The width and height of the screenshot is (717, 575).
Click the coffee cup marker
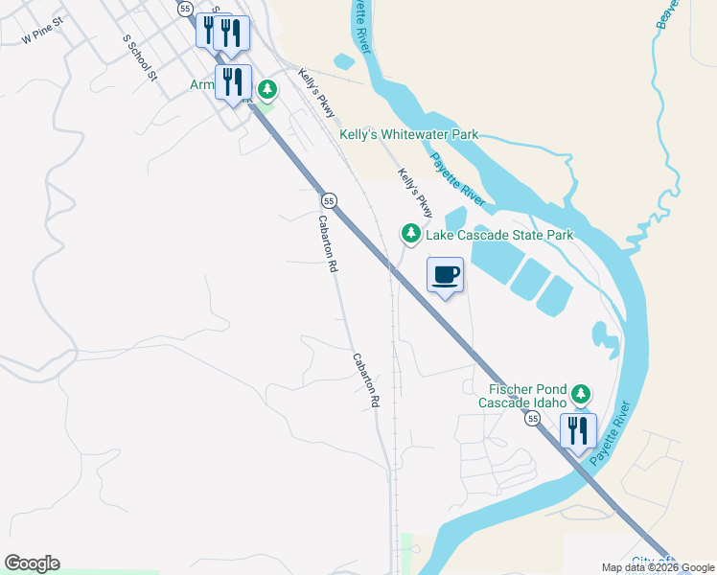(445, 276)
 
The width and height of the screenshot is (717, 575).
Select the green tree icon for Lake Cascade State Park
(410, 234)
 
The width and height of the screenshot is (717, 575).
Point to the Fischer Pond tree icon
(580, 394)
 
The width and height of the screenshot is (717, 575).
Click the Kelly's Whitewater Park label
(409, 135)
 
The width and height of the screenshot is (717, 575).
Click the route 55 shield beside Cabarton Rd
(329, 200)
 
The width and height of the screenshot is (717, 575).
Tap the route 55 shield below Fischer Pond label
(531, 419)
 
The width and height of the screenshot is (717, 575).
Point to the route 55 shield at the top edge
(184, 8)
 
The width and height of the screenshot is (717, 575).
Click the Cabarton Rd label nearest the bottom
(365, 381)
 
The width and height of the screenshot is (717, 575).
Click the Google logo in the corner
(32, 563)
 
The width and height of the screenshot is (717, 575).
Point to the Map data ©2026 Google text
(659, 567)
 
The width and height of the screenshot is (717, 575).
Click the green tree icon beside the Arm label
(267, 91)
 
